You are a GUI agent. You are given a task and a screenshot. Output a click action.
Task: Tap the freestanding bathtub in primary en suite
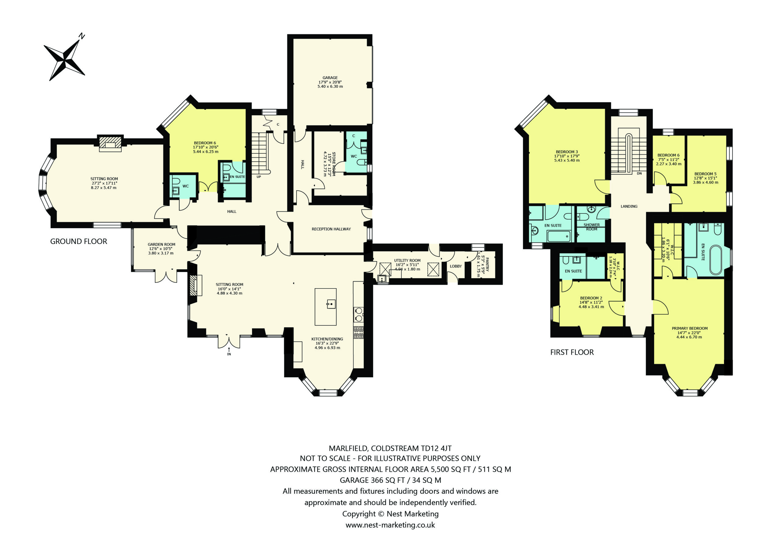coord(715,260)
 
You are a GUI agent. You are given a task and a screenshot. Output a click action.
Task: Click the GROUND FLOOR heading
coord(79,242)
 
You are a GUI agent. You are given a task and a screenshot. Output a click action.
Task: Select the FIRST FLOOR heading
coord(572,352)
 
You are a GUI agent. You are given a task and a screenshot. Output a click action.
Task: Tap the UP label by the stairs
coord(259,177)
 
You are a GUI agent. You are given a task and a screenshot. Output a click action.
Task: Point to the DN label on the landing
coord(639,174)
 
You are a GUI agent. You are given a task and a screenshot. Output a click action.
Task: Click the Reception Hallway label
coord(331,229)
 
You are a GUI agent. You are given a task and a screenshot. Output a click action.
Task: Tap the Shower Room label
coord(592,227)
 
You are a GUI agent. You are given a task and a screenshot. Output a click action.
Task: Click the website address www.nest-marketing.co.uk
coord(390,525)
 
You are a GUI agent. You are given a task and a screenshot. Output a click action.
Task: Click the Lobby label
coord(456,266)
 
